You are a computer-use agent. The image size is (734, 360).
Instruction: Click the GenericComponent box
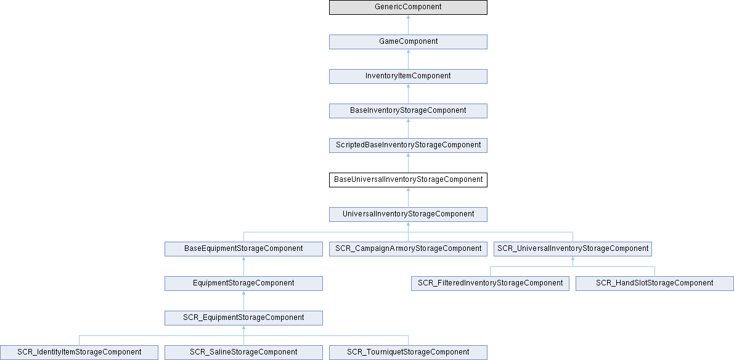408,7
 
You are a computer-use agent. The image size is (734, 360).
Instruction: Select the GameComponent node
408,42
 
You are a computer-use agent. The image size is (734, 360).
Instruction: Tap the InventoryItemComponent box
408,76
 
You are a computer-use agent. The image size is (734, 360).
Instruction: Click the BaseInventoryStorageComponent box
408,111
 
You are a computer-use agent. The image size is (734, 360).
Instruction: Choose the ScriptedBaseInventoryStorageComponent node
408,145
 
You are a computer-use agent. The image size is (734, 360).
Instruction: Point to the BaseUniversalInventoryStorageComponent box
408,180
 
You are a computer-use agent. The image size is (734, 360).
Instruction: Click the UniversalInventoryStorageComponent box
408,215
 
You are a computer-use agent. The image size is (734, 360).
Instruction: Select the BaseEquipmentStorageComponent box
243,248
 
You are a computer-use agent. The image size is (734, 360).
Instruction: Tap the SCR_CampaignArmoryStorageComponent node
408,248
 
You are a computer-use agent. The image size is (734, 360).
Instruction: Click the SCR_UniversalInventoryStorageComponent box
573,248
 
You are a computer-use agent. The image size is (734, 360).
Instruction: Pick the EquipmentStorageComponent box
243,283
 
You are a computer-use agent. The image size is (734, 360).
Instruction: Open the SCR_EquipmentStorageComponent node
243,318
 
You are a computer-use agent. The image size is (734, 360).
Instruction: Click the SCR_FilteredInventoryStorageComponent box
490,283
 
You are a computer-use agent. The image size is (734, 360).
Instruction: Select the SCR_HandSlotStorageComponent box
654,283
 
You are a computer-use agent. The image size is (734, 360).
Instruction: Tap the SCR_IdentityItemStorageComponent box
79,352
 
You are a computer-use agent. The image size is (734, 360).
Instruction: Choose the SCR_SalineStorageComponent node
243,352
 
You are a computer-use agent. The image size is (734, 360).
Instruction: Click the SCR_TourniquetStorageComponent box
408,352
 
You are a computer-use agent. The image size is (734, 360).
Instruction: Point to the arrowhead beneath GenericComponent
408,17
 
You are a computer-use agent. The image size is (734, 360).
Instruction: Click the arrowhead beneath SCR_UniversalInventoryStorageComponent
573,258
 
